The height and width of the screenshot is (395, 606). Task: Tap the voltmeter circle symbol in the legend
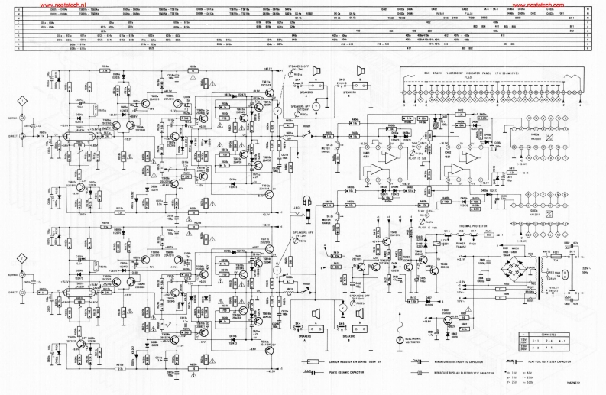pyautogui.click(x=399, y=339)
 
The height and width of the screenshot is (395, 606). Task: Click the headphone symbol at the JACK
pyautogui.click(x=304, y=200)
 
